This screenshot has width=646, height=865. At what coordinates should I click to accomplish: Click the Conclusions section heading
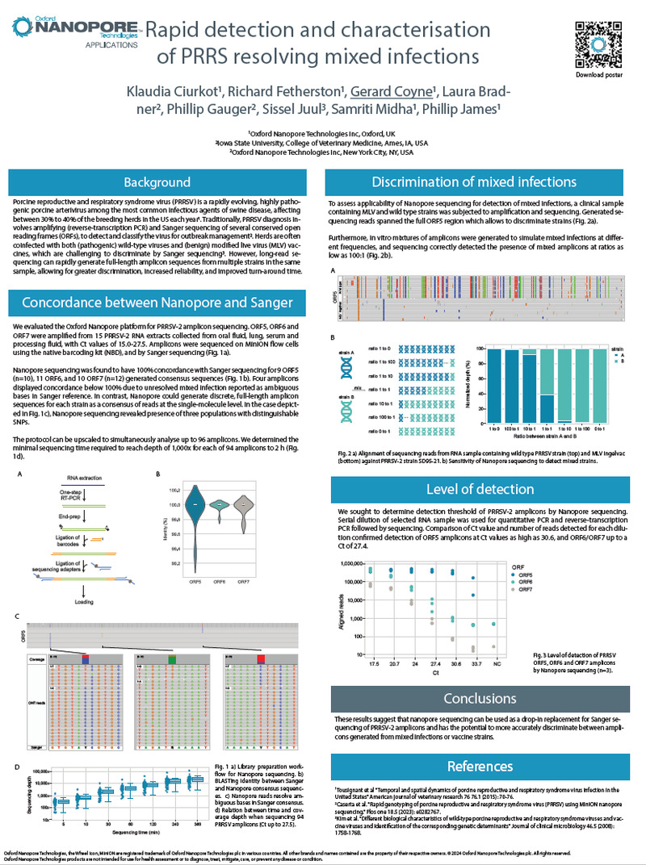[480, 698]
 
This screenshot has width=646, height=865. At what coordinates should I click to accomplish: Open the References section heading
[480, 766]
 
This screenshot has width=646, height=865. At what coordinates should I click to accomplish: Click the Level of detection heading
[480, 490]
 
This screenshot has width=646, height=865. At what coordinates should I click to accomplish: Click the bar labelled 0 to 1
[599, 383]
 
